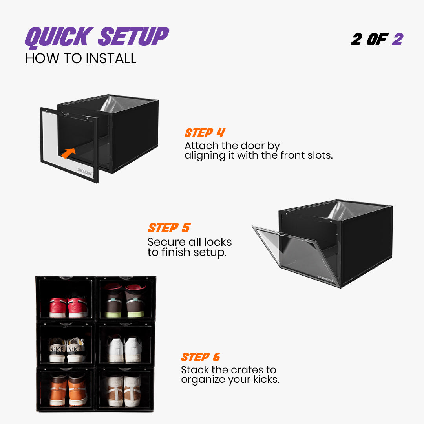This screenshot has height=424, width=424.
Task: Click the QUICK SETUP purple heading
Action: [x=97, y=37]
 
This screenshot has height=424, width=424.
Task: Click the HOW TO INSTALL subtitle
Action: [x=81, y=58]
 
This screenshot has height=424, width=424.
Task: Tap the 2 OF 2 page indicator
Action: [x=376, y=39]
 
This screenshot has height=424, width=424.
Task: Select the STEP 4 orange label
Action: [x=205, y=133]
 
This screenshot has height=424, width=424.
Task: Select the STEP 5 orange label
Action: [x=169, y=228]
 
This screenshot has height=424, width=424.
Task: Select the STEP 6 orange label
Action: [x=200, y=357]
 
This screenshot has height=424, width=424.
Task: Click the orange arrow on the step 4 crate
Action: [x=69, y=153]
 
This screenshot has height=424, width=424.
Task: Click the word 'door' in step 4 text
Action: [x=252, y=146]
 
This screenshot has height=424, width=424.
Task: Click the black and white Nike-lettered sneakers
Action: [x=66, y=349]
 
